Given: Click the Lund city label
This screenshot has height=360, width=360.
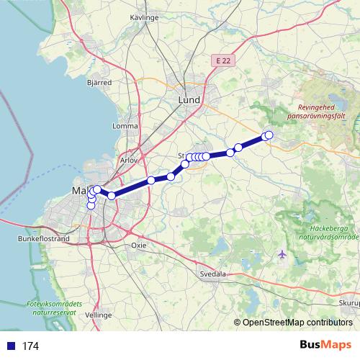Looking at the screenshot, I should point(189,100).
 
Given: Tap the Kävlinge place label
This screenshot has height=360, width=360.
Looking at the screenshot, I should point(145,15).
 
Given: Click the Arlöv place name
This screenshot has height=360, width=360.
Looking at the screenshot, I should point(130,160).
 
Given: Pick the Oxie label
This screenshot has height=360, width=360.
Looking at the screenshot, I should point(138,245).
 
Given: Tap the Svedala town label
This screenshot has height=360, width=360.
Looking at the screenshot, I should point(213,274).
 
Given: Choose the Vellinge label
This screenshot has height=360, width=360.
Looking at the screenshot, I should point(99,315).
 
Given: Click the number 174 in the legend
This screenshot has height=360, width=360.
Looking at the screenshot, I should point(30,346).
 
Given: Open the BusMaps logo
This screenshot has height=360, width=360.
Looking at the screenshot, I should point(322,346).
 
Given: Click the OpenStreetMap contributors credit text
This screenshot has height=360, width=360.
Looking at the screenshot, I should point(297,323).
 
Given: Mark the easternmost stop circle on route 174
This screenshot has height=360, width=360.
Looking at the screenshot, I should point(269,135).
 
